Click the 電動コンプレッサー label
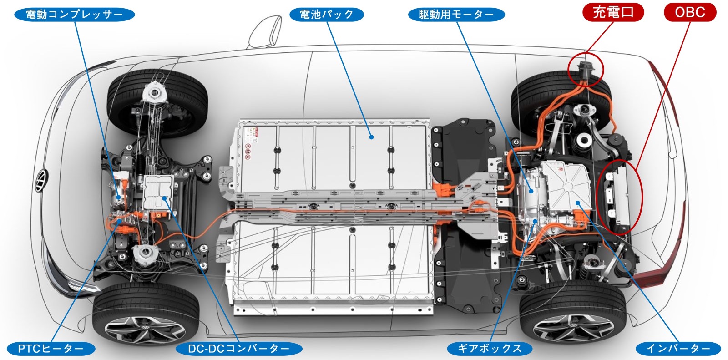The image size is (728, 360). [x=75, y=14]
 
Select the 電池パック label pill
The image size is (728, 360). [x=326, y=14]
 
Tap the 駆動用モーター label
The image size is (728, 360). [x=456, y=14]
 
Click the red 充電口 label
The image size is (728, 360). [x=613, y=12]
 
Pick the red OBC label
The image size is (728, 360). [x=690, y=12]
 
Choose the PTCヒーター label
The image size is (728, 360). [x=51, y=349]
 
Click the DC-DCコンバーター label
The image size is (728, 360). [x=239, y=349]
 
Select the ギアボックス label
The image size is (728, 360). [x=490, y=349]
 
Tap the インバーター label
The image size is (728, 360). [x=678, y=349]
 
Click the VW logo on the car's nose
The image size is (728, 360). [x=41, y=181]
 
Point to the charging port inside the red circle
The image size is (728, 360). [x=586, y=70]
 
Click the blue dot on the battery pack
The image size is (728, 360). [x=371, y=137]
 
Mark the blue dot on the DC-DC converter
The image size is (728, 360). [x=164, y=198]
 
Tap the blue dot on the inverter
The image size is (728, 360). [x=578, y=203]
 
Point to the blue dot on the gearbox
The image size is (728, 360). [x=535, y=222]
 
